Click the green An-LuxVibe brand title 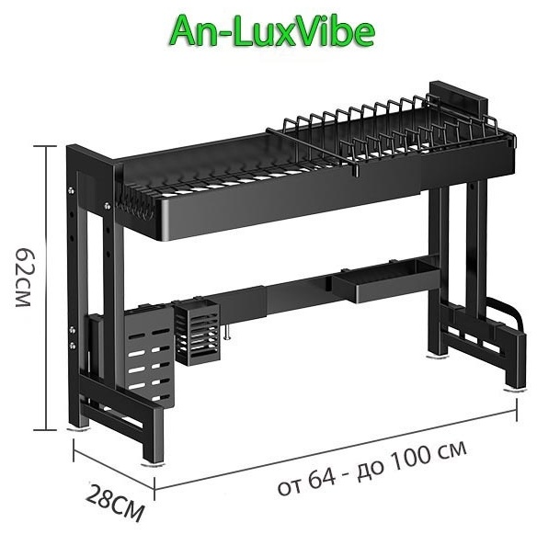(272, 32)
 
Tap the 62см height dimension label (25, 277)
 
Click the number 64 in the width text (321, 479)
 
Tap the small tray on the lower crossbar (385, 280)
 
